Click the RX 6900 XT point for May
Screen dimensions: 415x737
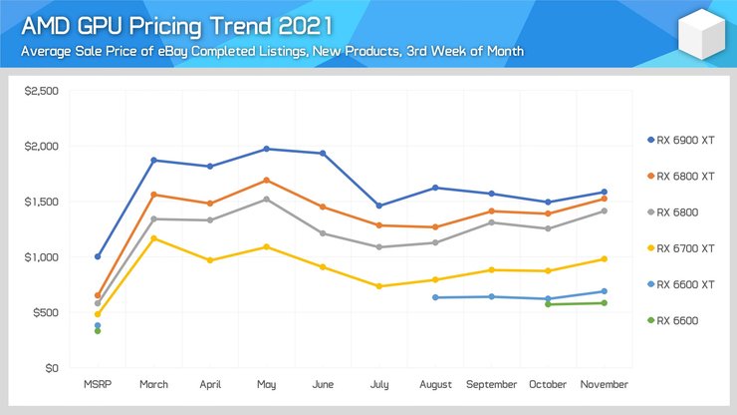[x=267, y=149]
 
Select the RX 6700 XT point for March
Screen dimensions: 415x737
[x=154, y=238]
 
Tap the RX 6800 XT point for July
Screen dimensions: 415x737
[x=379, y=225]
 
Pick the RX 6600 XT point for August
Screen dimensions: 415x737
[x=436, y=297]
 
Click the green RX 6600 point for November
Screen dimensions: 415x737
[x=605, y=303]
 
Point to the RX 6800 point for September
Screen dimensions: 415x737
[x=492, y=222]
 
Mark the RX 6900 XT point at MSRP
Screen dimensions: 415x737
[x=98, y=256]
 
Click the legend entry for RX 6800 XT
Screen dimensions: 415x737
[x=688, y=176]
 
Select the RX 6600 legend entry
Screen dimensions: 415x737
[x=682, y=320]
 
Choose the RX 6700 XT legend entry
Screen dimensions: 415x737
[x=688, y=247]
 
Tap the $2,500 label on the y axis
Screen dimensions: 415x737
[x=41, y=91]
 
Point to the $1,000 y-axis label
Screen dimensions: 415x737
[x=41, y=257]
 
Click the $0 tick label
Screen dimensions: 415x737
[x=51, y=368]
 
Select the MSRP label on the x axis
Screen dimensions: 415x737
[x=98, y=384]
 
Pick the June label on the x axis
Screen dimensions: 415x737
[x=323, y=384]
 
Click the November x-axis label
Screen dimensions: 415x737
[x=605, y=384]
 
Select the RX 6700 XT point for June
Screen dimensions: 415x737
[x=323, y=267]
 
